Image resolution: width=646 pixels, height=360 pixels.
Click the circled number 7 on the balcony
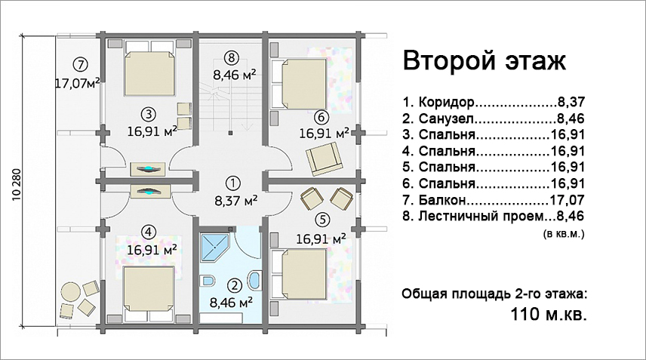pos(80,65)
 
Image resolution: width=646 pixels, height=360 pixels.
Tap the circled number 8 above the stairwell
pos(232,57)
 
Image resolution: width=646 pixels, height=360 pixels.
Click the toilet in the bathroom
pos(208,281)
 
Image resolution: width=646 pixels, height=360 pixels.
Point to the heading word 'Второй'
pos(449,61)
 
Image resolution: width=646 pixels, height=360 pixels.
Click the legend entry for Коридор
pos(494,102)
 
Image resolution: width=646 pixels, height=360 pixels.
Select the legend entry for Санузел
pos(494,118)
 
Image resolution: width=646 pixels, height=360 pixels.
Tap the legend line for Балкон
pos(494,200)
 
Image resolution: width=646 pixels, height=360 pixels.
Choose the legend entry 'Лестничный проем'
pos(494,216)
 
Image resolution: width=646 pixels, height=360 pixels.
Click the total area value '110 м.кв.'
pos(548,314)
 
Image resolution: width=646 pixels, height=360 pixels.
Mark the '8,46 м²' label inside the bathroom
pos(231,303)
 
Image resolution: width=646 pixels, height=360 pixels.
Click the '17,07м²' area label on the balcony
pos(78,83)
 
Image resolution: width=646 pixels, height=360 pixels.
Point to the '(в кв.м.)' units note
pos(564,235)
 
